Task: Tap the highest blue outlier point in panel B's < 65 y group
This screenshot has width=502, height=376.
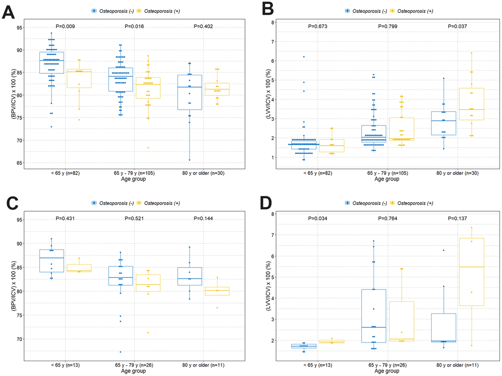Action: pos(304,57)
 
